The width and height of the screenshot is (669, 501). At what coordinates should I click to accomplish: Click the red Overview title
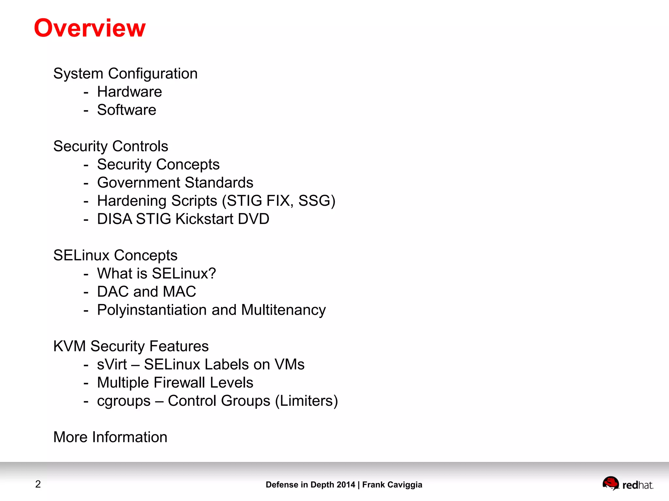pos(90,28)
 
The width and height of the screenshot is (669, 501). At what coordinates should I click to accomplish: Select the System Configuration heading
pos(125,74)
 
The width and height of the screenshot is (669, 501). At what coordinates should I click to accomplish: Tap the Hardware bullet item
pos(129,92)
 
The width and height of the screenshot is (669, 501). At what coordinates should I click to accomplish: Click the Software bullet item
pos(126,110)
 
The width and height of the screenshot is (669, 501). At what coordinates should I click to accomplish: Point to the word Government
pos(139,183)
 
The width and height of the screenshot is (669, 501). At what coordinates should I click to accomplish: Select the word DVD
pos(253,219)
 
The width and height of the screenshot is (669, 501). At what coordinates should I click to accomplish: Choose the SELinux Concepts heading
pos(115,255)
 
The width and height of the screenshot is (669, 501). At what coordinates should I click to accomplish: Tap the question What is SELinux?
pos(156,274)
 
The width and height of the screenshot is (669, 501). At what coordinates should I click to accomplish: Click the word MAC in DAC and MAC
pos(179,292)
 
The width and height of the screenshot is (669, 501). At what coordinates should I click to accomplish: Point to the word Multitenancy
pos(283,310)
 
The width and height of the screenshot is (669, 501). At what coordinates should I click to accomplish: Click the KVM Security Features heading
pos(131,346)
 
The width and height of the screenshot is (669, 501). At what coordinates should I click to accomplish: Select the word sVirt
pos(112,365)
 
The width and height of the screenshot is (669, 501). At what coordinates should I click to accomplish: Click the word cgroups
pos(124,401)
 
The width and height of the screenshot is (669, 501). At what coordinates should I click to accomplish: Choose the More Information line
pos(110,437)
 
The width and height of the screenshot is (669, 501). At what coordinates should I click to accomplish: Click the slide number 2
pos(38,484)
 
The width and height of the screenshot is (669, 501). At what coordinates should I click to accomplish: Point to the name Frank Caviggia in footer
pos(392,485)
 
